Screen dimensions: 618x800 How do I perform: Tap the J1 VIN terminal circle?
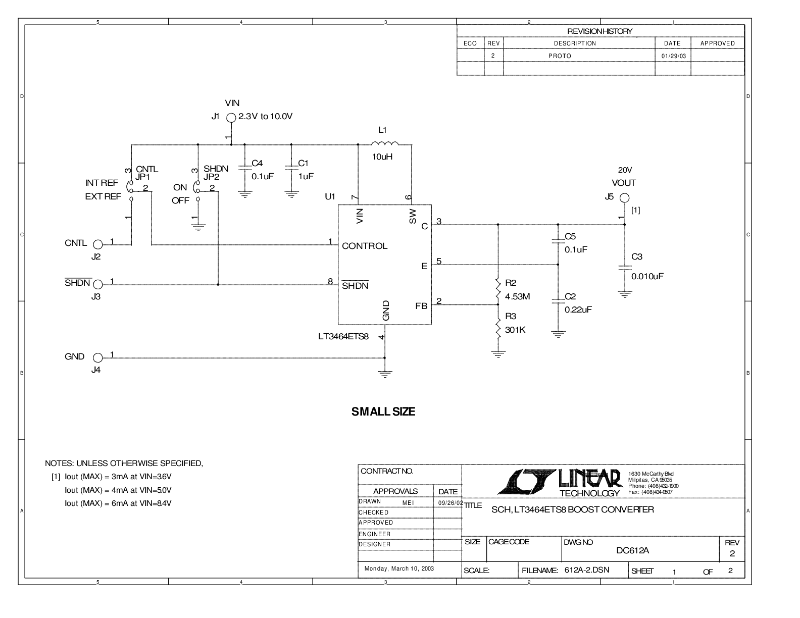231,118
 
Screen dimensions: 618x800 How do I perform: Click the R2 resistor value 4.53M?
517,296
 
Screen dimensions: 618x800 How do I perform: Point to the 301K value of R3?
515,330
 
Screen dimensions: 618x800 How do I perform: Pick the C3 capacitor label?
637,256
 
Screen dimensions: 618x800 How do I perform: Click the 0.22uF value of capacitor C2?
578,310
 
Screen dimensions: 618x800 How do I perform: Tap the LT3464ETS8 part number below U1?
343,336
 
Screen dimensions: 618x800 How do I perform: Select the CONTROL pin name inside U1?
365,246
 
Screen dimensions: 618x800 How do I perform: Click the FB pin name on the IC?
421,306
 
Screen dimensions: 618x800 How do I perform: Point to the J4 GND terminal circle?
98,358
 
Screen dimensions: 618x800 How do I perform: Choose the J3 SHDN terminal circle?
98,284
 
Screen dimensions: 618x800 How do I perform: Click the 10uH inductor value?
382,157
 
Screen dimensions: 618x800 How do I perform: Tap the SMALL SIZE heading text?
383,411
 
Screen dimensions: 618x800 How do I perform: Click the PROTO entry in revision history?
560,56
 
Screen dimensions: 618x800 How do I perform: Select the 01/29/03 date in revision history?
674,56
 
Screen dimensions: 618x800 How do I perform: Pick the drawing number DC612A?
632,550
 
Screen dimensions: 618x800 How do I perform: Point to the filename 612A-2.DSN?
587,570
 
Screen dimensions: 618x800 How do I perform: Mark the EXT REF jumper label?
103,196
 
